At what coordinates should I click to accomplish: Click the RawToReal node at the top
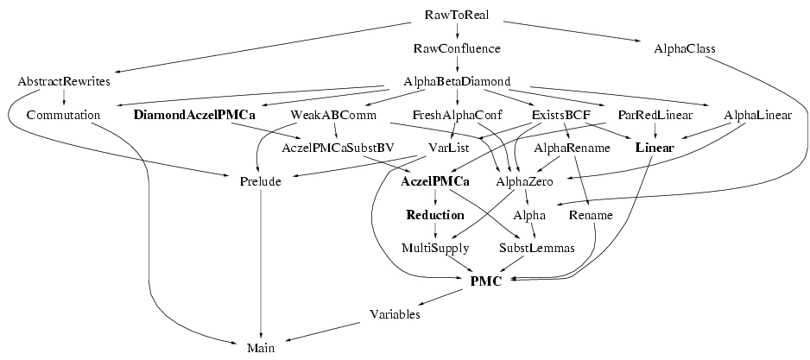457,16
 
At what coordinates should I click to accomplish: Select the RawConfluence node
457,48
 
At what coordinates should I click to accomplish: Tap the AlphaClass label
685,48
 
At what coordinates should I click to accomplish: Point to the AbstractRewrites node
63,81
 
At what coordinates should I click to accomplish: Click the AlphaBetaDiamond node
457,81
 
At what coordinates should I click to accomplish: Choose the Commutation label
63,114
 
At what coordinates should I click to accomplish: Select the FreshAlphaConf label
452,114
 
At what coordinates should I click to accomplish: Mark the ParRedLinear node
655,114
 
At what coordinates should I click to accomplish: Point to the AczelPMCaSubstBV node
338,148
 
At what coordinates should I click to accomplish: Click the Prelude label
260,181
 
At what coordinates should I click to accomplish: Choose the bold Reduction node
435,214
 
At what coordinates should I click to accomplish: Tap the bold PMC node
486,281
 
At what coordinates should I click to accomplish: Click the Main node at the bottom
260,347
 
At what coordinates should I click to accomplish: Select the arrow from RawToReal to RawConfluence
457,32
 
